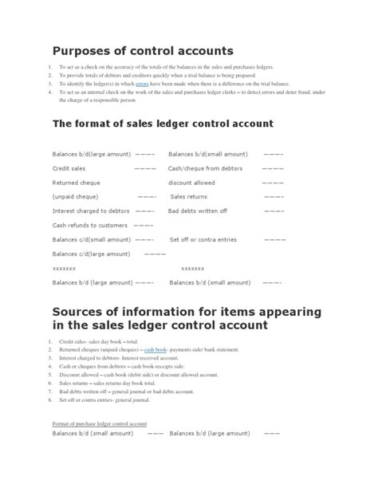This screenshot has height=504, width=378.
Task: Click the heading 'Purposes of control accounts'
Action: [143, 51]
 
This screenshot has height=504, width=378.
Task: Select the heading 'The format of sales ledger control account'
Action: [162, 124]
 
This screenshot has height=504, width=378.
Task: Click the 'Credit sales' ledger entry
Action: [70, 168]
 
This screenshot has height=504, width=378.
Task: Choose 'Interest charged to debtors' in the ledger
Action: [91, 211]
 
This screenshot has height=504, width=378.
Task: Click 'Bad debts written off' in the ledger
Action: [198, 211]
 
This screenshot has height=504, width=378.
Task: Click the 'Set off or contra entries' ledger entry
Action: [203, 239]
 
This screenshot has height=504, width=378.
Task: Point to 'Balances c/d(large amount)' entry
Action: [91, 254]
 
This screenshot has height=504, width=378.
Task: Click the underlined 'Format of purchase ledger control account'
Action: [100, 423]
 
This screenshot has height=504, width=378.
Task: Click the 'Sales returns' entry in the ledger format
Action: [189, 197]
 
